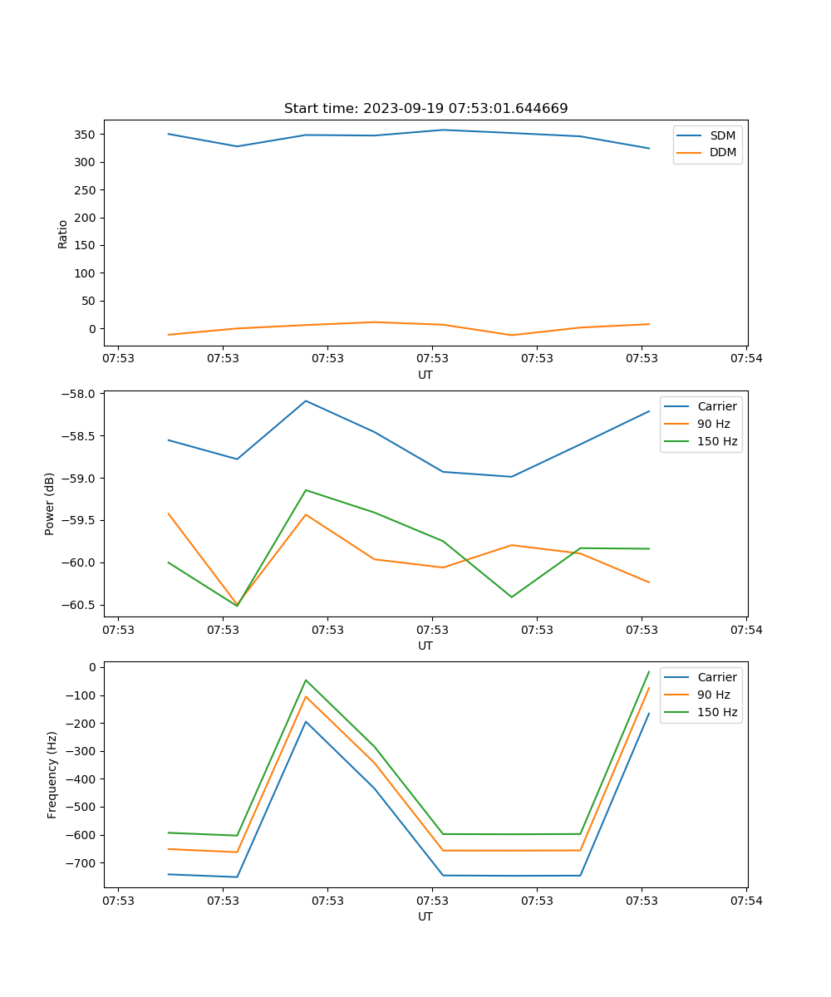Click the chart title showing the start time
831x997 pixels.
click(425, 108)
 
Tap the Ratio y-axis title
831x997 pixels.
click(63, 234)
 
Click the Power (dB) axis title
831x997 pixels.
click(50, 503)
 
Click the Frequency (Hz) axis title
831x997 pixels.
click(52, 774)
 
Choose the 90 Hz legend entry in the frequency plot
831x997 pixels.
click(714, 695)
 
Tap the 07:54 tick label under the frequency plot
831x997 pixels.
click(745, 900)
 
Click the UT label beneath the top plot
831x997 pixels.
click(425, 375)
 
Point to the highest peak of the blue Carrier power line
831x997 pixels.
click(306, 400)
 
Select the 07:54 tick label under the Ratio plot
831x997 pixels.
click(745, 358)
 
